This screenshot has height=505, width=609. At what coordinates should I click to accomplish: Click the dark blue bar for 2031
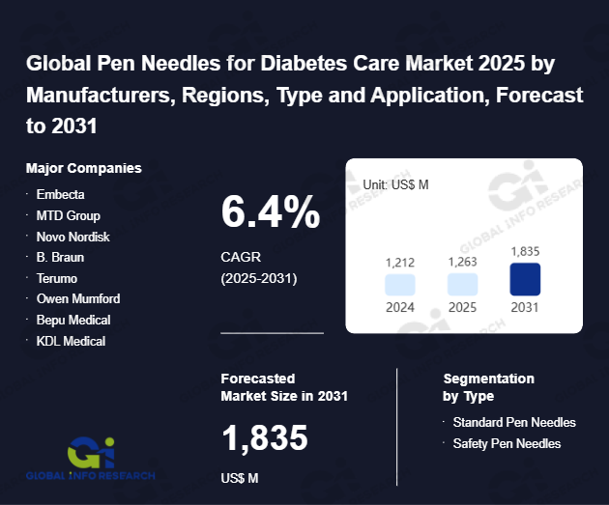coord(525,279)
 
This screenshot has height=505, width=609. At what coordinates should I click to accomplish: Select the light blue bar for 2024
coord(399,284)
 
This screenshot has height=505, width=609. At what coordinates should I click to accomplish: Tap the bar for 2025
coord(462,284)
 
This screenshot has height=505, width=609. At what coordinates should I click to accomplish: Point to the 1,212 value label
coord(399,262)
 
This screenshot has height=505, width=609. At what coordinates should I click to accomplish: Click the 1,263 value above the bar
coord(462,262)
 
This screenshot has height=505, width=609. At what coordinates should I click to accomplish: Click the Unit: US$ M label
coord(396,183)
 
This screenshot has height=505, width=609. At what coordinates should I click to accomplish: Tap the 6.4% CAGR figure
coord(271,212)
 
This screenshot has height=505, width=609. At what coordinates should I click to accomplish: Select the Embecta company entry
coord(60,194)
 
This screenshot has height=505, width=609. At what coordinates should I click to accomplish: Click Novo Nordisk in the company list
coord(73,237)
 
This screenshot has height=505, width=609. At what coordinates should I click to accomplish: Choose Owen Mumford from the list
coord(78,298)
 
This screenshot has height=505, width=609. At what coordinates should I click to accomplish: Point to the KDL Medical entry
coord(71,341)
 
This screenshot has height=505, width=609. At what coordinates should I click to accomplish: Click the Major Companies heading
coord(84,168)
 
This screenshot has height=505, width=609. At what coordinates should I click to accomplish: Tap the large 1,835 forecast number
coord(264,438)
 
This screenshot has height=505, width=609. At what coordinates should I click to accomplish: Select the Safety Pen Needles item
coord(507,443)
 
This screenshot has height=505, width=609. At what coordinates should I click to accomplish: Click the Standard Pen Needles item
coord(514,422)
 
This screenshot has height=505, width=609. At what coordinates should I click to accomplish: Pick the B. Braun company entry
coord(60,257)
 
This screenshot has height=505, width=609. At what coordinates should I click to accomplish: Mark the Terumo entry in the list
coord(57,278)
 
